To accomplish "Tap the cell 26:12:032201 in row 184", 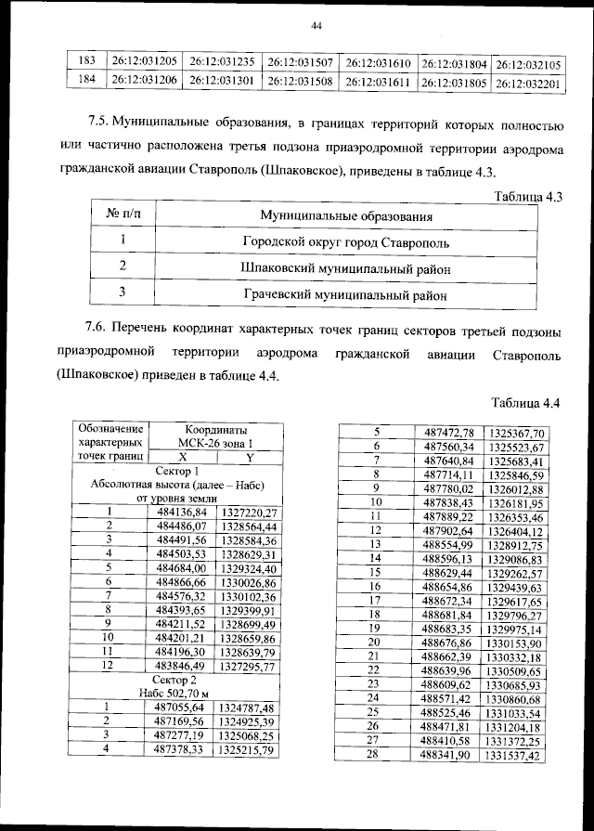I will tap(528, 82).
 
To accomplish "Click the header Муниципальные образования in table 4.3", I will tap(347, 216).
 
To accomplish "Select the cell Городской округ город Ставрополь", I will tap(347, 242).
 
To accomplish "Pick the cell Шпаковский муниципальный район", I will tap(347, 268).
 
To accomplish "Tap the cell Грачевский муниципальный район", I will tap(347, 294).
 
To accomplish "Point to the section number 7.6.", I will tap(99, 331).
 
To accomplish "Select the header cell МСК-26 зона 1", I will tap(214, 444).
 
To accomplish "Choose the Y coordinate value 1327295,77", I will tap(248, 667).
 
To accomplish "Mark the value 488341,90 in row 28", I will tap(447, 756).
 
